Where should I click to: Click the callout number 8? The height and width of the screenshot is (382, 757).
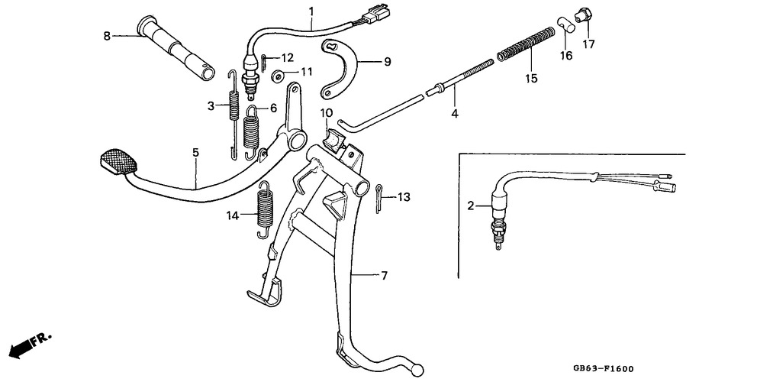click(x=107, y=36)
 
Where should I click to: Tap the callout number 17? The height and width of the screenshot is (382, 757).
click(x=588, y=44)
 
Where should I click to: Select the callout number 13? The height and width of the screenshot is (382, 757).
click(x=404, y=197)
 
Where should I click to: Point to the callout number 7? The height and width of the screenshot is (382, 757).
click(x=384, y=276)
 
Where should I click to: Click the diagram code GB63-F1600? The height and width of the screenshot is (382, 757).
click(x=603, y=369)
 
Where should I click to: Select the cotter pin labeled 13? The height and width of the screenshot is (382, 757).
click(x=378, y=198)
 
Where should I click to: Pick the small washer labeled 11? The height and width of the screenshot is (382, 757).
click(x=279, y=76)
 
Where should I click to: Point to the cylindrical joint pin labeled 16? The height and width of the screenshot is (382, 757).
click(x=567, y=24)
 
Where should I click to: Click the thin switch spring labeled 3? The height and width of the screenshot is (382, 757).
click(x=234, y=114)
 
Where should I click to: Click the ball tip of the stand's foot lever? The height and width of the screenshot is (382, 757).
click(x=418, y=370)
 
